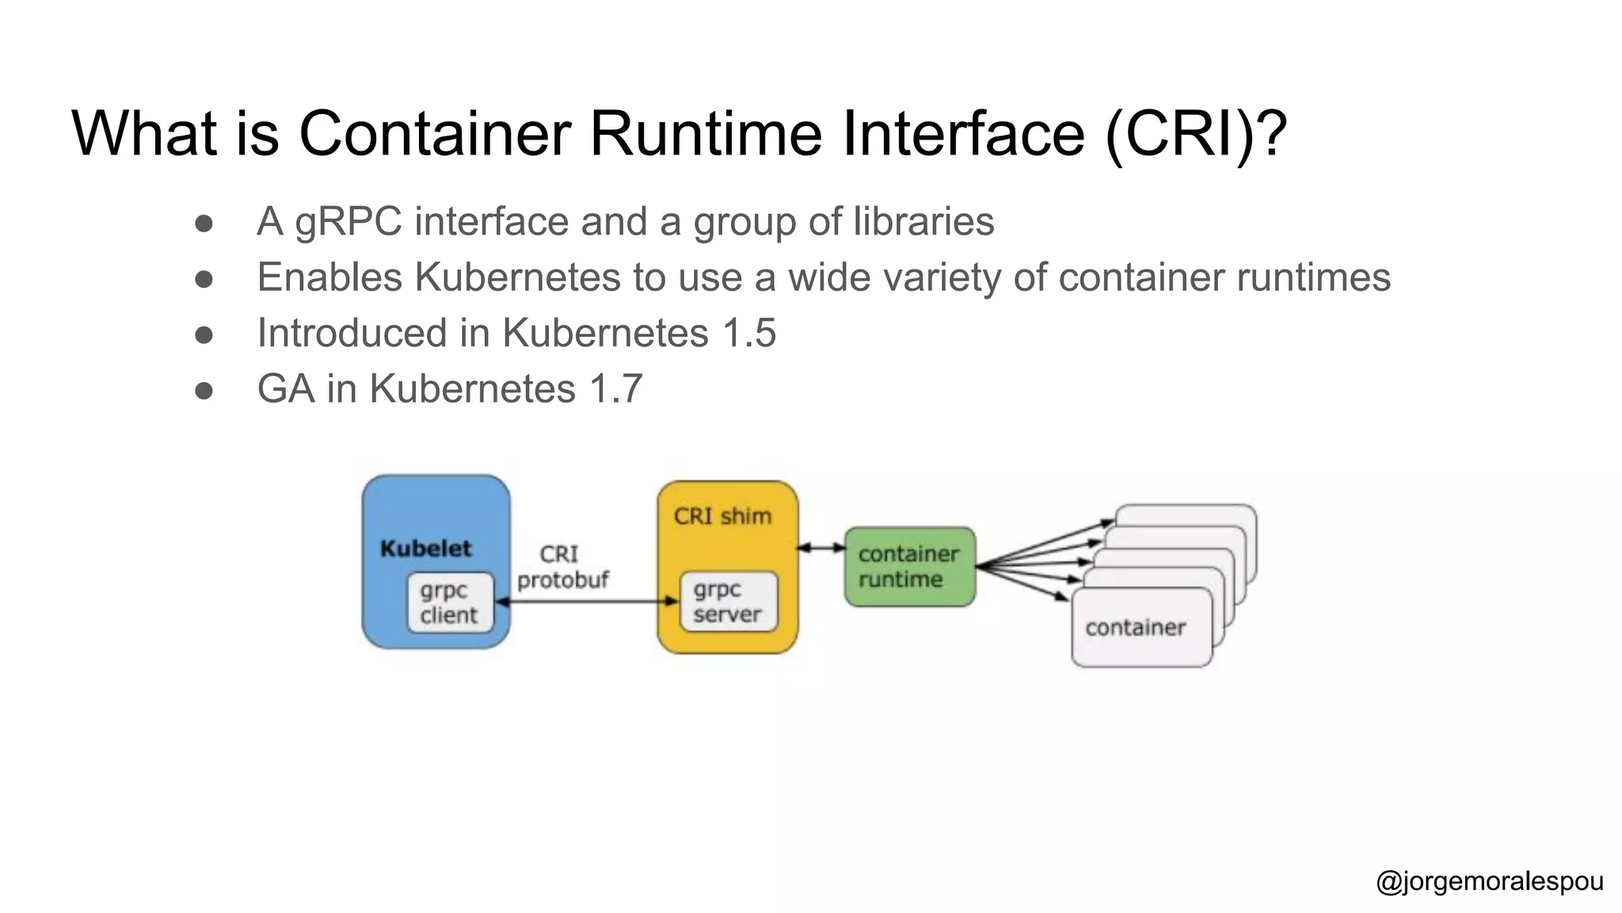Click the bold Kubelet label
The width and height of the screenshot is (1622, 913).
[x=425, y=548]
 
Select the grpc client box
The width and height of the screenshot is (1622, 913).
[x=450, y=602]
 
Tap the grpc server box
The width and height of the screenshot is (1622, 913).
[x=729, y=602]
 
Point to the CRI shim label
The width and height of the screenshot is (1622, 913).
[x=722, y=516]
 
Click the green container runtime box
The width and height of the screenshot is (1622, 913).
[x=910, y=567]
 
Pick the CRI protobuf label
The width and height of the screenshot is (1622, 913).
[x=562, y=567]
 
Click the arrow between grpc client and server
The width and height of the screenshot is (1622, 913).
[x=586, y=602]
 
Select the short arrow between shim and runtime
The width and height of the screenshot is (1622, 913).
[x=821, y=548]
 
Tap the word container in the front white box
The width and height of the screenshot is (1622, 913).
[x=1135, y=628]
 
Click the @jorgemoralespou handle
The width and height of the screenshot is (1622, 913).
[x=1489, y=881]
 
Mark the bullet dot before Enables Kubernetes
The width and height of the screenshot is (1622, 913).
[x=204, y=279]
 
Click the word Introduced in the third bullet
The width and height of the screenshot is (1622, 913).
[x=352, y=333]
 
